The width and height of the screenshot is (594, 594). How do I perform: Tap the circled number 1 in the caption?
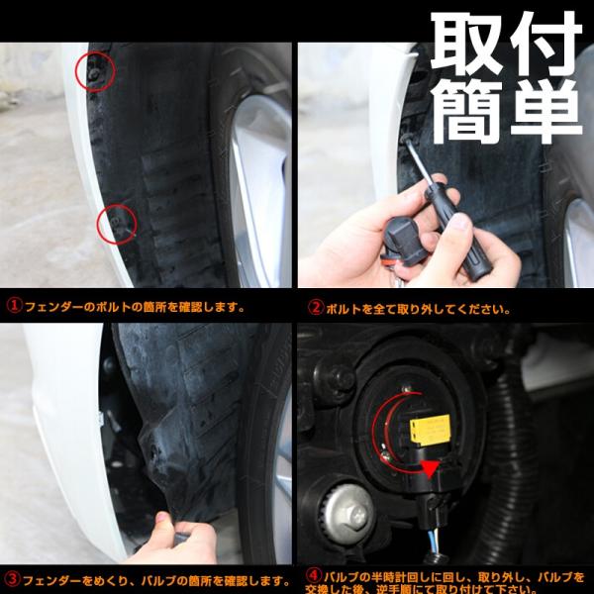(14, 306)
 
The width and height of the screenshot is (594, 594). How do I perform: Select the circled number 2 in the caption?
(316, 308)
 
